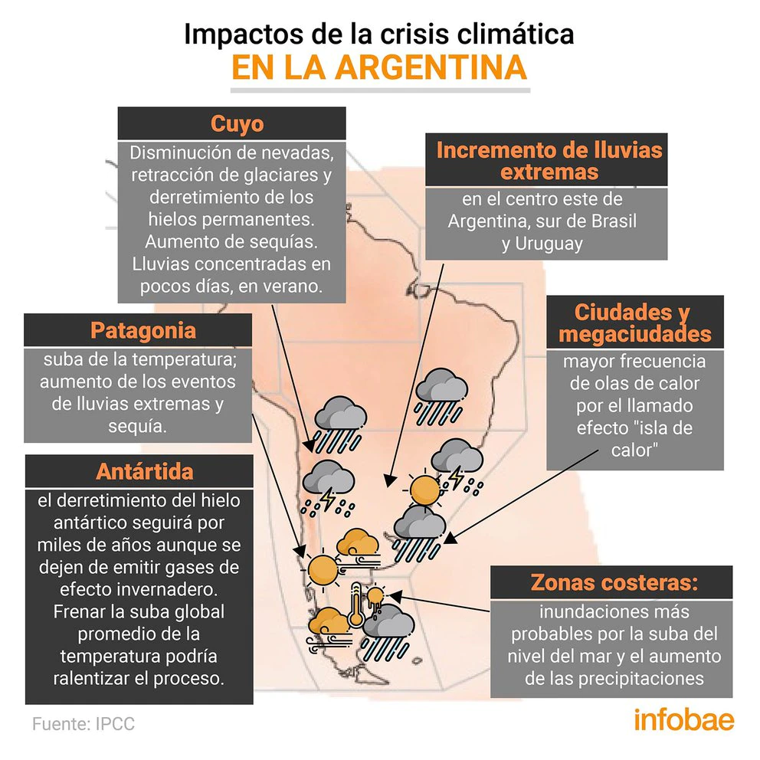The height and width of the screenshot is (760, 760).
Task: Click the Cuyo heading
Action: [237, 123]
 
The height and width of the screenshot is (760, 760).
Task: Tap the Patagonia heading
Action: [143, 330]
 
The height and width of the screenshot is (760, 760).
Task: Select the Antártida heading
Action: [145, 471]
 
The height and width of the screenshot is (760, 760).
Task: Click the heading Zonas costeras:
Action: [614, 581]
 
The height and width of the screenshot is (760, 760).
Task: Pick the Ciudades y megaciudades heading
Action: [635, 323]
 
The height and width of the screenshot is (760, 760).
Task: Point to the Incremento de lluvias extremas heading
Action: [549, 161]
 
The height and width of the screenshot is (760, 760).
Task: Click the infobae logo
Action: [684, 719]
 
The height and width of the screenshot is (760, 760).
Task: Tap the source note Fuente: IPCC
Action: [84, 724]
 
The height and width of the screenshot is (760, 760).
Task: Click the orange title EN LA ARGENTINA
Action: [379, 67]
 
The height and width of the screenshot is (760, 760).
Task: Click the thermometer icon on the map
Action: [357, 606]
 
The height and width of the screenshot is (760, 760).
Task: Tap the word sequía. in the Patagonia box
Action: [138, 426]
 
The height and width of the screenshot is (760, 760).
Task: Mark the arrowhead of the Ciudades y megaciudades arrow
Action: [450, 538]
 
